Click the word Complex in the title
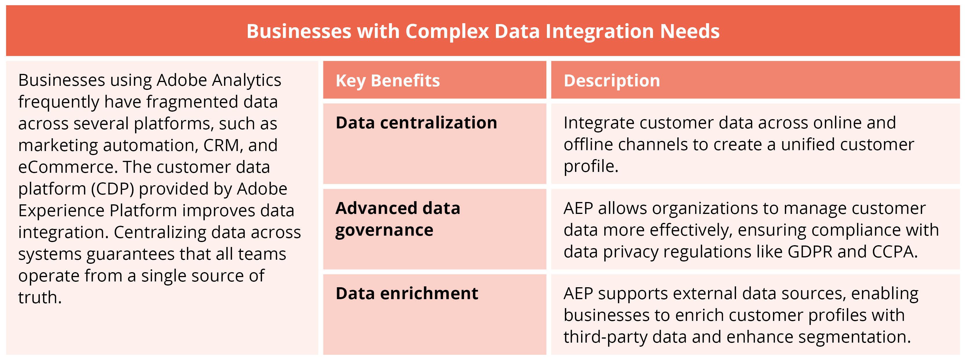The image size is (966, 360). [447, 31]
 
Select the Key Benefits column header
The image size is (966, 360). [388, 81]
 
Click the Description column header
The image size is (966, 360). [611, 81]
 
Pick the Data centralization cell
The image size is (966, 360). [416, 123]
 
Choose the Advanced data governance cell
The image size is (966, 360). [397, 219]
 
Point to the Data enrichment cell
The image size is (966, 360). [407, 294]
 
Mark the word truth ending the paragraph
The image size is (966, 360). [39, 298]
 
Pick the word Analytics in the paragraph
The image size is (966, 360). [246, 80]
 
